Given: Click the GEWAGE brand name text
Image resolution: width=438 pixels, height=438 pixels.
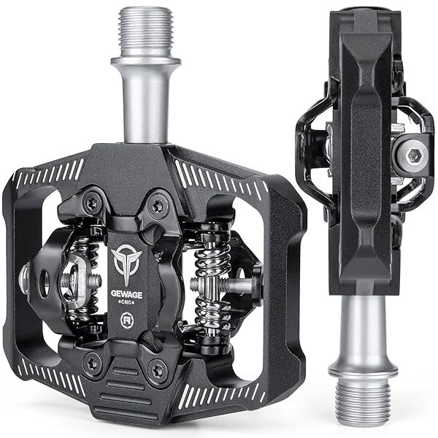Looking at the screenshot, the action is pos(126,294).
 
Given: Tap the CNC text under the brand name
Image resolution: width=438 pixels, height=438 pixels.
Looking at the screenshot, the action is pos(126,303).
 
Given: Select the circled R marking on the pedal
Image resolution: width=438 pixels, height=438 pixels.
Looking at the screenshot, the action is pos(127,320).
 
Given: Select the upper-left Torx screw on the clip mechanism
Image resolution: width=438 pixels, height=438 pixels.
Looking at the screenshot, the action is pos(93,203).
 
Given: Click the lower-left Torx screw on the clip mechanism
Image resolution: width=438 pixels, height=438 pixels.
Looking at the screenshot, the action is pos(93,363).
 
